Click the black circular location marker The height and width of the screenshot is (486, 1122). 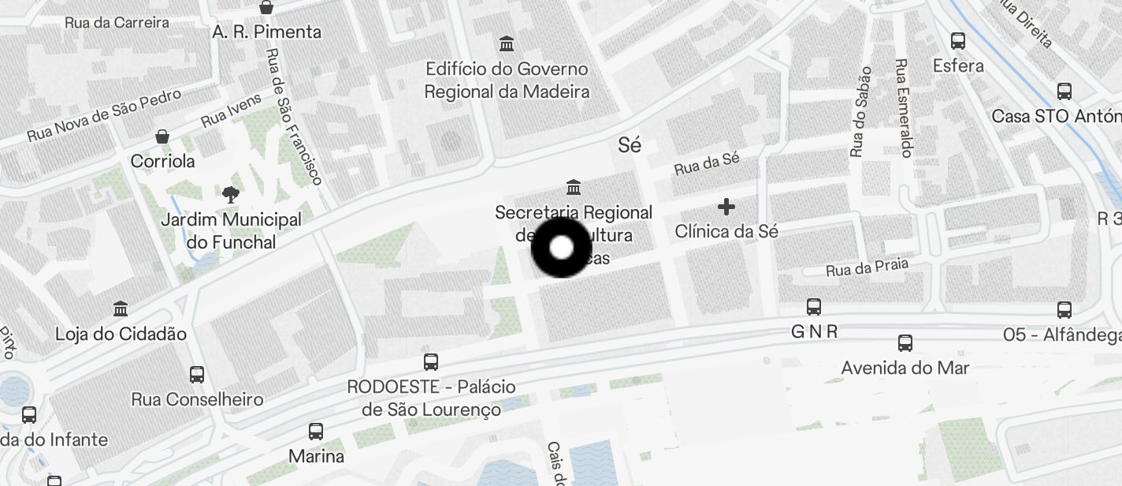tap(561, 248)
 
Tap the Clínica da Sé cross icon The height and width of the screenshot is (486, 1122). tap(726, 207)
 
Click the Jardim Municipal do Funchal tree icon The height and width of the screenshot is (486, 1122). tap(231, 194)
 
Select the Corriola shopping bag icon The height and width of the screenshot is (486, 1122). tap(162, 136)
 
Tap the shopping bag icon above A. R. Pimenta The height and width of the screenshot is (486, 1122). tap(267, 8)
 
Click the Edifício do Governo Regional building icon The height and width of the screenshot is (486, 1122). tap(507, 43)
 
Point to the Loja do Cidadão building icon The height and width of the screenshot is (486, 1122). tap(121, 308)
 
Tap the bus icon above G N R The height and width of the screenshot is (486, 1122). tap(814, 307)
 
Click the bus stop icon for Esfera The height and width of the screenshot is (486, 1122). tap(958, 41)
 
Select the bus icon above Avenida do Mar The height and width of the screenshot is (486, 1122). tap(905, 343)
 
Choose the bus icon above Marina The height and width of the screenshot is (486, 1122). tap(316, 432)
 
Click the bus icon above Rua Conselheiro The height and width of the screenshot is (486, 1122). tap(197, 375)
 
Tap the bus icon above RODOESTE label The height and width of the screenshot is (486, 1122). tap(431, 362)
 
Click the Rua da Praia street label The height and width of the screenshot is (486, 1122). tap(867, 267)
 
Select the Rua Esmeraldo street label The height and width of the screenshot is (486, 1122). tap(904, 107)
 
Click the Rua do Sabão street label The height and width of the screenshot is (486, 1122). tap(860, 111)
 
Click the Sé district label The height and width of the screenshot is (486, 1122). tap(630, 145)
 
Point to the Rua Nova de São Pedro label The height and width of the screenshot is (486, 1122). tap(104, 115)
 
